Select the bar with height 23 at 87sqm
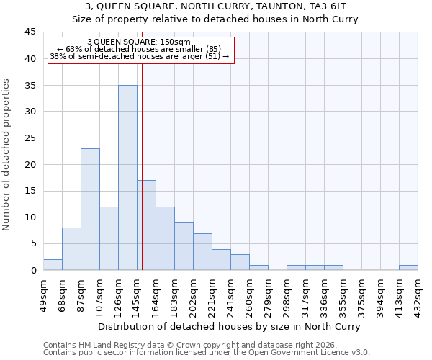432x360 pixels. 90,209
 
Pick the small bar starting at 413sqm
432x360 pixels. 408,267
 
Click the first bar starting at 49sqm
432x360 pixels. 53,264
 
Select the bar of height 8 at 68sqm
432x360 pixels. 71,248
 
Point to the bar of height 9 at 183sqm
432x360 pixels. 184,246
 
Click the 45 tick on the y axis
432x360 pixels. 30,32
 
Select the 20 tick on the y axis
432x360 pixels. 30,164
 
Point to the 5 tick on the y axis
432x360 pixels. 33,243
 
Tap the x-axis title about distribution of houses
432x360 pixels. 230,326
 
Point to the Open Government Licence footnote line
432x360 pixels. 207,353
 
